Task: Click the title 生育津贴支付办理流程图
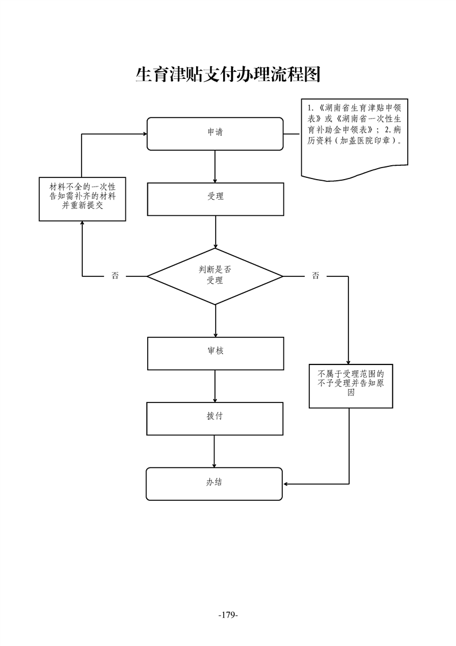pyautogui.click(x=228, y=74)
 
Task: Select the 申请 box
pyautogui.click(x=215, y=134)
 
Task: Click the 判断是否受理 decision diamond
pyautogui.click(x=215, y=276)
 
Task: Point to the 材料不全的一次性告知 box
pyautogui.click(x=82, y=199)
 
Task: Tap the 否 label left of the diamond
pyautogui.click(x=115, y=276)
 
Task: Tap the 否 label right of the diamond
pyautogui.click(x=316, y=276)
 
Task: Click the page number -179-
pyautogui.click(x=228, y=615)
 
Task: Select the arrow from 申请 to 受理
pyautogui.click(x=215, y=166)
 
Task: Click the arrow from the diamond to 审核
pyautogui.click(x=215, y=321)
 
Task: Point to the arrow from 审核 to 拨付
pyautogui.click(x=215, y=386)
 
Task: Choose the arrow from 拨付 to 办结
pyautogui.click(x=214, y=451)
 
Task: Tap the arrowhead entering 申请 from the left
pyautogui.click(x=144, y=134)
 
